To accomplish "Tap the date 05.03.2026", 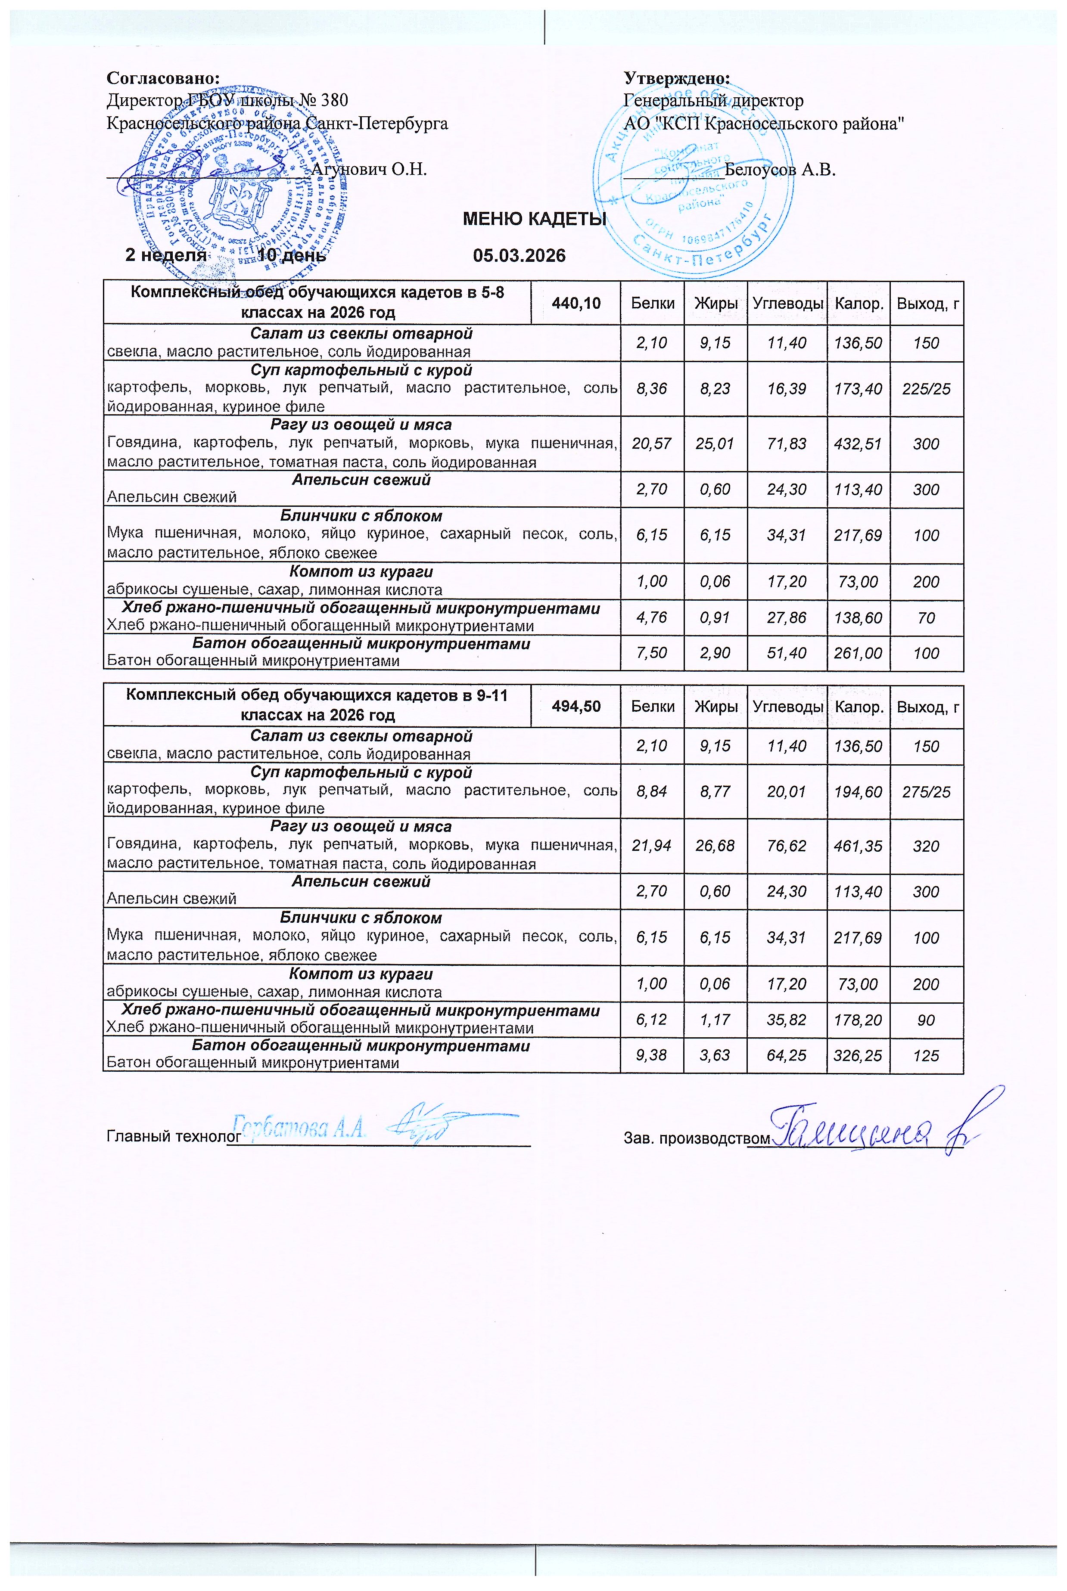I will click(519, 256).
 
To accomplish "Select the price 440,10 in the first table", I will click(575, 304).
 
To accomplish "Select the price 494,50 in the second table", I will click(575, 706).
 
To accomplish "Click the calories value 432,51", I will click(858, 444).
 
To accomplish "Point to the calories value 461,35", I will click(858, 846).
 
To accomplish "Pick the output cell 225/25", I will click(926, 389).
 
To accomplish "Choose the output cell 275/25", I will click(926, 792).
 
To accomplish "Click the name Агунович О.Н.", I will click(369, 169).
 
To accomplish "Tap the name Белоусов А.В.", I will click(780, 169).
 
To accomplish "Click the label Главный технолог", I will click(174, 1137).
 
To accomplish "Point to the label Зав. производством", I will click(697, 1137).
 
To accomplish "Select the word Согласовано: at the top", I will click(163, 78).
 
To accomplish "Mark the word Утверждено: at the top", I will click(677, 78).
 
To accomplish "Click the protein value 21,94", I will click(651, 846).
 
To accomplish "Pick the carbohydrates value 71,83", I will click(786, 444).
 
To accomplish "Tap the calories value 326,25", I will click(858, 1056).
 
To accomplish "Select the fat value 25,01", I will click(715, 444).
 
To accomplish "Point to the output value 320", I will click(926, 846).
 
